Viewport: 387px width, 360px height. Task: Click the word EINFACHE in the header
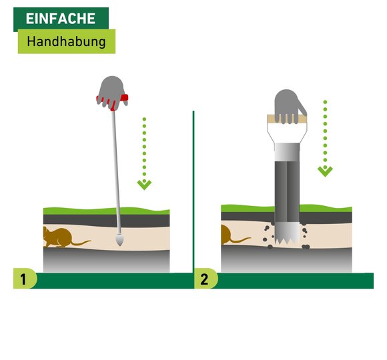pyautogui.click(x=61, y=19)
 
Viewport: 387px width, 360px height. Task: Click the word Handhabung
pyautogui.click(x=67, y=41)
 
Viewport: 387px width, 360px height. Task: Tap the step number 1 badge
pyautogui.click(x=25, y=279)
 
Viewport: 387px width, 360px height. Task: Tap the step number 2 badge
pyautogui.click(x=206, y=279)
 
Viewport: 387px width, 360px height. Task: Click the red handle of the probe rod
pyautogui.click(x=124, y=98)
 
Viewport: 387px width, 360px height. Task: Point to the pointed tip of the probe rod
pyautogui.click(x=120, y=245)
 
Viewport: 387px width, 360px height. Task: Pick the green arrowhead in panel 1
pyautogui.click(x=144, y=185)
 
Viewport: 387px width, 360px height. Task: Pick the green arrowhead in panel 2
pyautogui.click(x=325, y=171)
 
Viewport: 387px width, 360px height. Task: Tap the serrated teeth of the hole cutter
pyautogui.click(x=287, y=240)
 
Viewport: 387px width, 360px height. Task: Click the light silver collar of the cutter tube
pyautogui.click(x=287, y=152)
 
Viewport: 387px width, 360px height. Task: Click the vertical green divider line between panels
pyautogui.click(x=193, y=192)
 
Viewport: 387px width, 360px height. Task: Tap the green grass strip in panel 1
pyautogui.click(x=106, y=211)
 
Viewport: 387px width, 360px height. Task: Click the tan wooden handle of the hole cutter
pyautogui.click(x=287, y=119)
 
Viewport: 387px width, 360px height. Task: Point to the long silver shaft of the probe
pyautogui.click(x=117, y=173)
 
